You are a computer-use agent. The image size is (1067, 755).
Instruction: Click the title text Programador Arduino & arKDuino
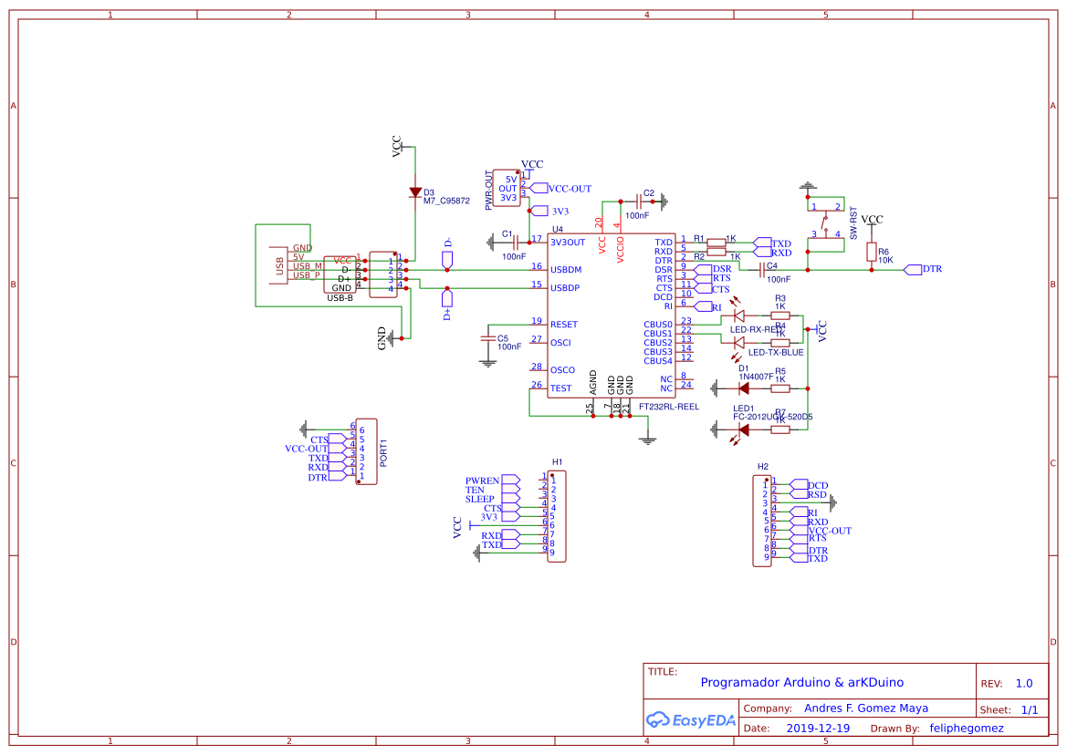point(801,682)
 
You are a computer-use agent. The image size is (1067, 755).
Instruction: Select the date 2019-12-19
point(818,729)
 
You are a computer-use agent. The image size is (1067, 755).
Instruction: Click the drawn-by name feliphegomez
point(966,729)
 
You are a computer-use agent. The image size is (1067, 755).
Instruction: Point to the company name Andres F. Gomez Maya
point(865,708)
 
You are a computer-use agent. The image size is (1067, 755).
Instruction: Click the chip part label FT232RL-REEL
point(668,407)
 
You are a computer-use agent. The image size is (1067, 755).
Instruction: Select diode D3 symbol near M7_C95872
point(415,192)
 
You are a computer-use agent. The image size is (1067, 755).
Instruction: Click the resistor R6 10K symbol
point(872,252)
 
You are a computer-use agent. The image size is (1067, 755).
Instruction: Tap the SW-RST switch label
point(854,222)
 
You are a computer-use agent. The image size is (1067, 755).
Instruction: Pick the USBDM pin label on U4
point(566,270)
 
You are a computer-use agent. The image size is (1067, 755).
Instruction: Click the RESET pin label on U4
point(563,325)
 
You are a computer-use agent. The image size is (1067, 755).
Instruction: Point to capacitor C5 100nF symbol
point(488,338)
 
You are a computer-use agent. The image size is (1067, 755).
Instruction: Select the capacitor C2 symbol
point(638,200)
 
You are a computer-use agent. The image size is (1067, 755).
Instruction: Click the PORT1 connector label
point(383,453)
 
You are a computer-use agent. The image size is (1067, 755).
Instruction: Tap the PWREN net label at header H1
point(482,481)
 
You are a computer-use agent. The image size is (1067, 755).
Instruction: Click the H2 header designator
point(763,467)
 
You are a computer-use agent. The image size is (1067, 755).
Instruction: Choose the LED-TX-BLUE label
point(776,352)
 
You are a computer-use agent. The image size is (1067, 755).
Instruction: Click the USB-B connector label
point(340,298)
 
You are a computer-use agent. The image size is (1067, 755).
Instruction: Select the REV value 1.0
point(1024,683)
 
